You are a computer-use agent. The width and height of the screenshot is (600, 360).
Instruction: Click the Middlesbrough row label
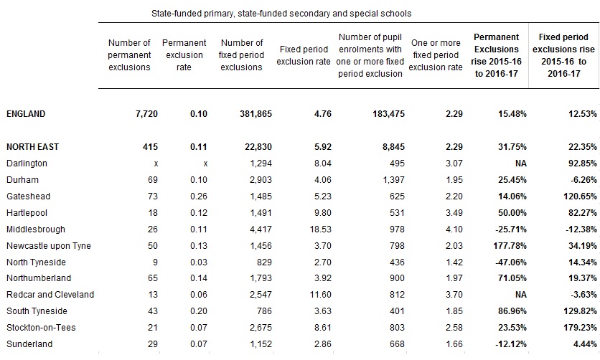click(x=36, y=229)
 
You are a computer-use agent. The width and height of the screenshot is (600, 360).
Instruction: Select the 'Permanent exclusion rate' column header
click(x=184, y=55)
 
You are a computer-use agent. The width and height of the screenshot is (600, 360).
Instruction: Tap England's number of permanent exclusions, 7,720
click(x=146, y=114)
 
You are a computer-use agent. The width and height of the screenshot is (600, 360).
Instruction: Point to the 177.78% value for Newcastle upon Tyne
click(x=510, y=246)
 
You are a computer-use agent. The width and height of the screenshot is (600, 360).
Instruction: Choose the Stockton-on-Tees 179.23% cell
click(x=580, y=328)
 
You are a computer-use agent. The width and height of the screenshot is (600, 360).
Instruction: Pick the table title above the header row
click(x=281, y=14)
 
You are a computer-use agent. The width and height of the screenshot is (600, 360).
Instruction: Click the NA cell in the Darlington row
click(x=521, y=164)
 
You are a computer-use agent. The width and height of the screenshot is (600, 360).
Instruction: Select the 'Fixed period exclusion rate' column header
click(x=304, y=55)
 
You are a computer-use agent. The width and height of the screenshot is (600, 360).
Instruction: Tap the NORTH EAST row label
click(x=32, y=147)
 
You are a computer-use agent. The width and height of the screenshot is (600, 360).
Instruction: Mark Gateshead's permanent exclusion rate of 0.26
click(x=199, y=196)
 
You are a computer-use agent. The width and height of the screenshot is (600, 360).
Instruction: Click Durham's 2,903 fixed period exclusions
click(x=261, y=180)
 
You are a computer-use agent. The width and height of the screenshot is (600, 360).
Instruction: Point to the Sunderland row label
click(x=29, y=344)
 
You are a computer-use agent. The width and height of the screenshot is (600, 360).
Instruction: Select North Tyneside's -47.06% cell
click(x=511, y=262)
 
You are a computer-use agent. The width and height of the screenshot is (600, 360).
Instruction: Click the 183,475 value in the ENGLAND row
click(x=388, y=114)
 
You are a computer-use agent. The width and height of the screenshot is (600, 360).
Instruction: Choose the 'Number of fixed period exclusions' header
click(x=241, y=55)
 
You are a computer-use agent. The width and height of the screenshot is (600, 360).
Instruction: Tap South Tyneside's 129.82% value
click(x=580, y=311)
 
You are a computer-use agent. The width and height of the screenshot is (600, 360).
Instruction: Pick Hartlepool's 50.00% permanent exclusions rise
click(x=512, y=213)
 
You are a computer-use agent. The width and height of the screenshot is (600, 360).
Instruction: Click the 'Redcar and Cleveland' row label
click(x=50, y=295)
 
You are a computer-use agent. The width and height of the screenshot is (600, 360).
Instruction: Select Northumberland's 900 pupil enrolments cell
click(x=397, y=278)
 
